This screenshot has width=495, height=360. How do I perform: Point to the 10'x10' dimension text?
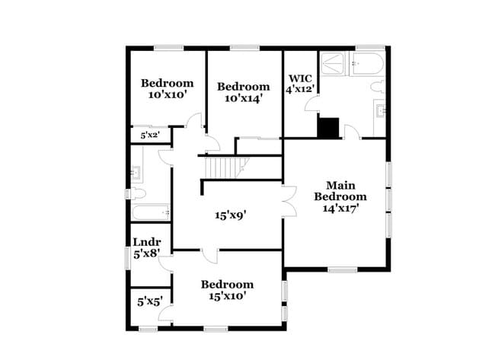click(x=167, y=95)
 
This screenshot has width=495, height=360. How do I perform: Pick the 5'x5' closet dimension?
click(x=150, y=301)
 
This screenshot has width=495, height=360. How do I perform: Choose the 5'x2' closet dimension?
click(x=149, y=135)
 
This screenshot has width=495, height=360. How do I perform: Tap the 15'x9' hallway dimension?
click(x=229, y=215)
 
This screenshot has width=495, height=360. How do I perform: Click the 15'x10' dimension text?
click(x=227, y=296)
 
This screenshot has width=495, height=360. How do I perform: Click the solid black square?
click(x=328, y=128)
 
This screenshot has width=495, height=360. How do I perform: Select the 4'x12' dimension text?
click(x=299, y=89)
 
